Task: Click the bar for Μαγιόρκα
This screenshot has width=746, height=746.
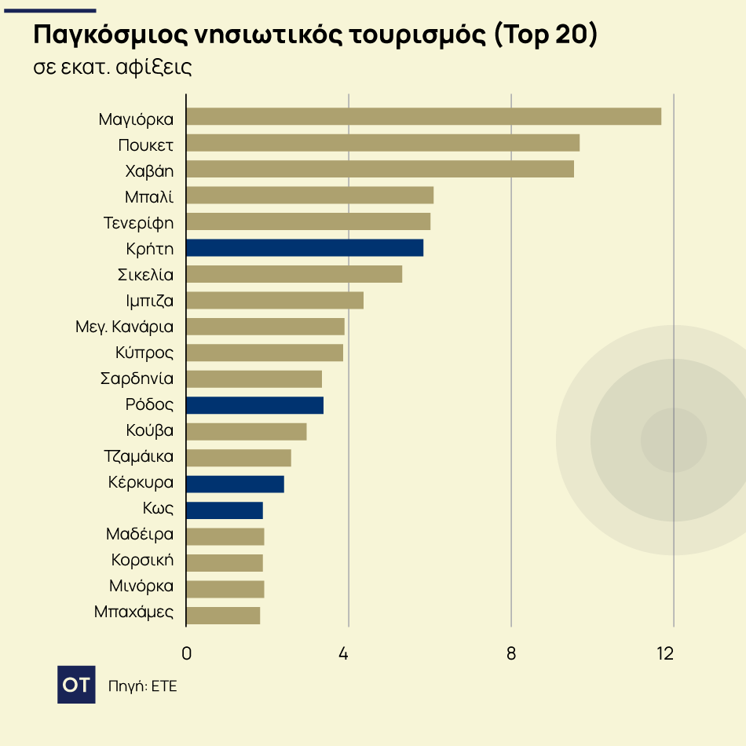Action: click(x=423, y=116)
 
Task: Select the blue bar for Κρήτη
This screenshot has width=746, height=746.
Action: click(x=305, y=247)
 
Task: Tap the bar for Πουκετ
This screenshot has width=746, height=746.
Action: click(x=382, y=143)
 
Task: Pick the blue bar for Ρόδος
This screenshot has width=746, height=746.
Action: click(x=254, y=405)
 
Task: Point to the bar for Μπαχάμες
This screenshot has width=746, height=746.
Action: click(x=223, y=615)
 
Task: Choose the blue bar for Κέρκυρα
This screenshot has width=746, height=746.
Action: click(x=235, y=484)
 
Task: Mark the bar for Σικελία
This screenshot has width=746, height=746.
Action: click(x=294, y=274)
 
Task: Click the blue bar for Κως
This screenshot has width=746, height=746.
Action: click(x=225, y=510)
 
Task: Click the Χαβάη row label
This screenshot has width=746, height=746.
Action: click(x=149, y=171)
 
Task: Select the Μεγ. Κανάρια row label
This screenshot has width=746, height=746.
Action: click(x=124, y=327)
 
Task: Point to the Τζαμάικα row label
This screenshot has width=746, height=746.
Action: click(x=138, y=457)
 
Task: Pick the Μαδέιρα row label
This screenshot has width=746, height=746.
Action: click(x=140, y=536)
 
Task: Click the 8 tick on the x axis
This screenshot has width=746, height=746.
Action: click(x=511, y=653)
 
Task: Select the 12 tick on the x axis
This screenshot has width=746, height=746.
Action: click(x=665, y=653)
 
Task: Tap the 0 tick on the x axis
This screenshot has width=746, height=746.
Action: click(x=186, y=653)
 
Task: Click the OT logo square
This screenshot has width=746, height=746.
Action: click(x=76, y=685)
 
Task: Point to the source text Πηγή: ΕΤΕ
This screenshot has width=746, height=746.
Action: click(x=143, y=686)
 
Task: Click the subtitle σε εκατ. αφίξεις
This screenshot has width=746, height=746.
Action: click(x=112, y=68)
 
